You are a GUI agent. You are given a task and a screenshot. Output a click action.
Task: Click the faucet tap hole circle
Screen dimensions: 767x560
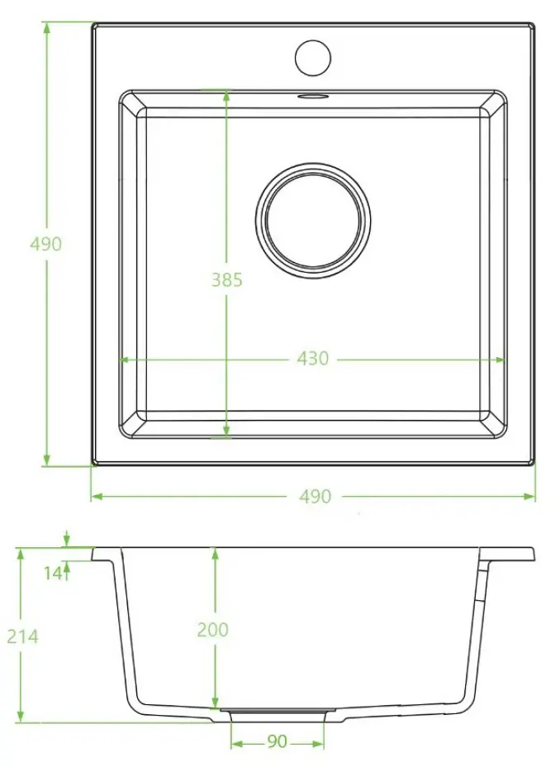(313, 56)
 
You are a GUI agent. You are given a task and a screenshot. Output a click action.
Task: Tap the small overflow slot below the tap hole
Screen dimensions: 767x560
(313, 96)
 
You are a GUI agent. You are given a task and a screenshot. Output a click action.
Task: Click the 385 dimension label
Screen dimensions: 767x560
(226, 280)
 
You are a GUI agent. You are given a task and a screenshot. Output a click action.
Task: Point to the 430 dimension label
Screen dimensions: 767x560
(313, 359)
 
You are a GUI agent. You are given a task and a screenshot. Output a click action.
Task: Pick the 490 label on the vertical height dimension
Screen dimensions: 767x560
(45, 244)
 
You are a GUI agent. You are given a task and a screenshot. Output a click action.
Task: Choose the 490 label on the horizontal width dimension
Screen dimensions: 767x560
(315, 496)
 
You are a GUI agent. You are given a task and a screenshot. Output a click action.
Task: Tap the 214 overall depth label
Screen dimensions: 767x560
(23, 636)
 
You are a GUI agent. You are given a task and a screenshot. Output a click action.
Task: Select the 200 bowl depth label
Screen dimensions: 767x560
(212, 630)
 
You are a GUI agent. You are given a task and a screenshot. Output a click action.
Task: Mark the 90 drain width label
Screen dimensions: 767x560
(277, 742)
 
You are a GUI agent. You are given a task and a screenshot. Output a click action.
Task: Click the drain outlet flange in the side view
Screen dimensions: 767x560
(278, 712)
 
